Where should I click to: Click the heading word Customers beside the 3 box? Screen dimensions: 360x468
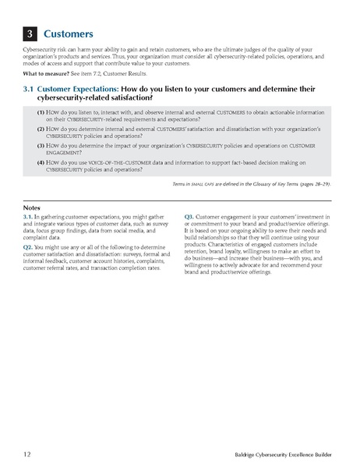[69, 34]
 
